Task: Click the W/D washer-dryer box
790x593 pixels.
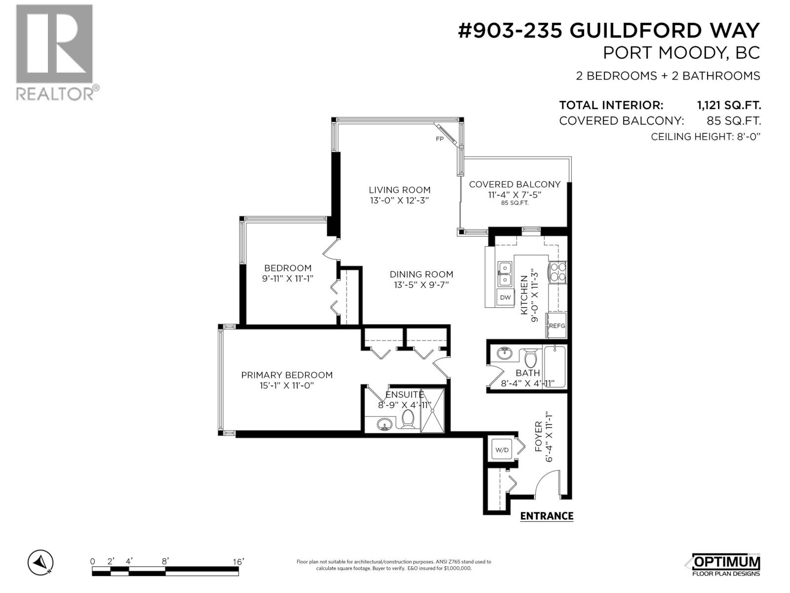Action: point(502,450)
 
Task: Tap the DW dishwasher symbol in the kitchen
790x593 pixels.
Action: point(505,297)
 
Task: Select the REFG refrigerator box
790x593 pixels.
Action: point(556,326)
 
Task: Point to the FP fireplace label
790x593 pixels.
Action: point(439,139)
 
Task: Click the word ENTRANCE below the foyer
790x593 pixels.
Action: point(547,516)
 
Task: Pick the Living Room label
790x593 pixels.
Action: point(399,190)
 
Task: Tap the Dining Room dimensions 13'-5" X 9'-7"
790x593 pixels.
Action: point(421,285)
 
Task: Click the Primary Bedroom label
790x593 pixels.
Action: point(287,375)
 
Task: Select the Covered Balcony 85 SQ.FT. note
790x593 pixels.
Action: point(515,203)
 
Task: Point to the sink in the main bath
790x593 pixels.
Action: point(504,354)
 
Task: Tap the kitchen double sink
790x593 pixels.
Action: point(505,274)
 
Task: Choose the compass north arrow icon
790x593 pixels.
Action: point(41,562)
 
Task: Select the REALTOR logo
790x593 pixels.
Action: point(54,52)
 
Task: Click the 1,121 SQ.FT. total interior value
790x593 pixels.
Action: point(729,105)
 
